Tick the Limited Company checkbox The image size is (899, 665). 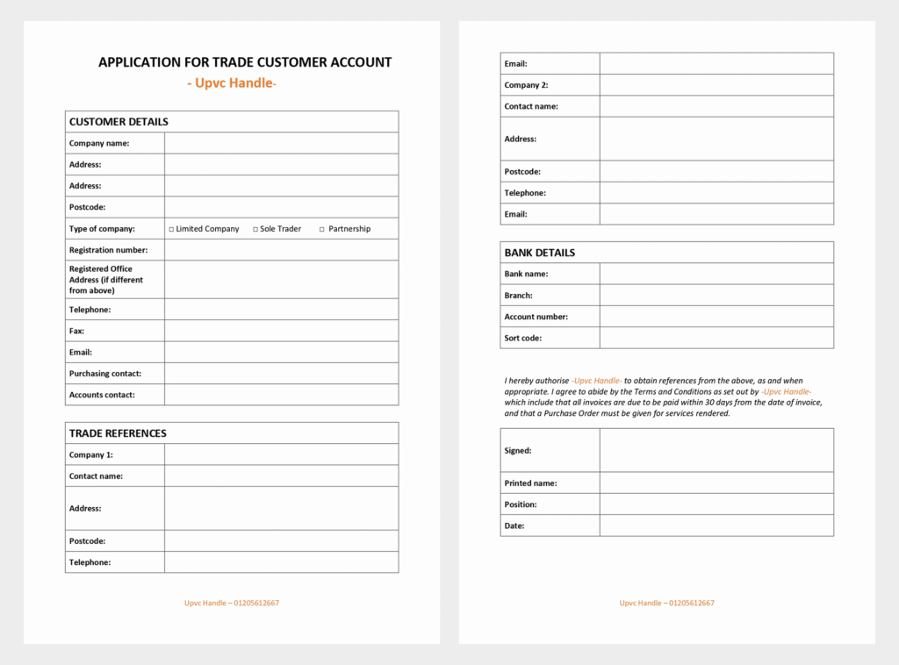(x=172, y=229)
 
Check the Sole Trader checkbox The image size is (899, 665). (x=255, y=229)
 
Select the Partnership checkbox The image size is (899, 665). (x=321, y=229)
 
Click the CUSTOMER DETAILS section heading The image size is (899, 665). (x=119, y=122)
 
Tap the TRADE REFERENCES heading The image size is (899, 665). (x=118, y=433)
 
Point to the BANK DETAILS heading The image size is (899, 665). (x=540, y=253)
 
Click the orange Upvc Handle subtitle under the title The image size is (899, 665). (x=232, y=83)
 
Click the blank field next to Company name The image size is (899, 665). (x=281, y=143)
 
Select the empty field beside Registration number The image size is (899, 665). (x=281, y=250)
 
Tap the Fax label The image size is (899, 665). (x=76, y=331)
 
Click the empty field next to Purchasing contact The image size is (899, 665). (x=281, y=374)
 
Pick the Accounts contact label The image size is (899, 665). (x=102, y=395)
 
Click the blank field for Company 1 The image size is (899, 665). (x=281, y=454)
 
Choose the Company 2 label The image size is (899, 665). (x=526, y=85)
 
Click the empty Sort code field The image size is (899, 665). (x=716, y=338)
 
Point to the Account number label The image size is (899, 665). (x=536, y=317)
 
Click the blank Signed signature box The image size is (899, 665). (x=716, y=450)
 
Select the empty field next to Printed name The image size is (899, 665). (x=716, y=483)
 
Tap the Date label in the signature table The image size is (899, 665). (x=514, y=526)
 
